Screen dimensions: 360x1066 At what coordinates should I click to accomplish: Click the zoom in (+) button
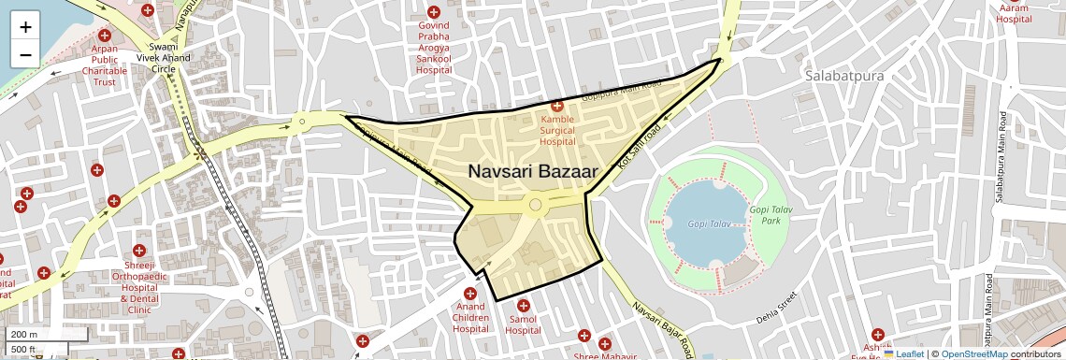(25, 27)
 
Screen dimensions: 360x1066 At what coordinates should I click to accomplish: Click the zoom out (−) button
(25, 54)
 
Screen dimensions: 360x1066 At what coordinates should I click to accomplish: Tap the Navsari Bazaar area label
(532, 172)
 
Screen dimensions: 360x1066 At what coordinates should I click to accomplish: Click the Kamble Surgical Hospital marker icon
(556, 108)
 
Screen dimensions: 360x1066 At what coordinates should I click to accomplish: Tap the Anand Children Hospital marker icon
(470, 294)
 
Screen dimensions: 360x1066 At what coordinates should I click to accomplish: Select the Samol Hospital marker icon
(524, 306)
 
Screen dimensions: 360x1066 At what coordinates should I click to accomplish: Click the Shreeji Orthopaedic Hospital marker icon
(139, 251)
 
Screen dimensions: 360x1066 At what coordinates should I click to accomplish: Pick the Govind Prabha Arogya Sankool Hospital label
(433, 47)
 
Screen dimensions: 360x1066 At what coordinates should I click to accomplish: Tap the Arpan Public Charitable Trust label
(104, 65)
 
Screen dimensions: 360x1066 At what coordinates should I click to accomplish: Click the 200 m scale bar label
(25, 335)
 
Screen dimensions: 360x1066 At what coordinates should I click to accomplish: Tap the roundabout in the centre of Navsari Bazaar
(535, 205)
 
